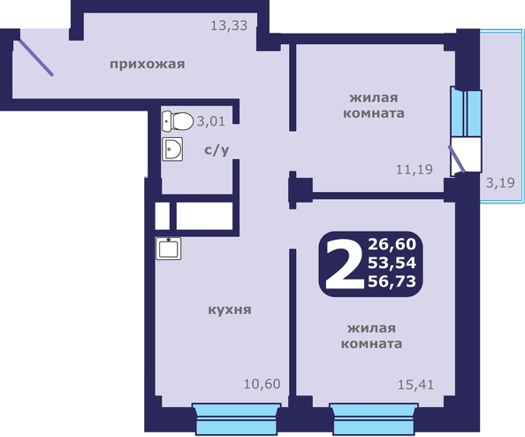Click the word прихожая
coord(148,64)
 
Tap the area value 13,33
coord(229,26)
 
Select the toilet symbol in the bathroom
coord(178,121)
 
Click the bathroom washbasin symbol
coord(172,149)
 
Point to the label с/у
coord(217,149)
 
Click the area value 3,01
coord(211,121)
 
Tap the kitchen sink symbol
coord(169,249)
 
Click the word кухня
coord(230,310)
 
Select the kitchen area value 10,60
coord(262,384)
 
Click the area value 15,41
coord(416,385)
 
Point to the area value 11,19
coord(415,170)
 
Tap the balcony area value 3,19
coord(500,183)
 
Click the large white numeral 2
coord(345,264)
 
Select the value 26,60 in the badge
coord(392,244)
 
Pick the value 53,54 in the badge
coord(392,263)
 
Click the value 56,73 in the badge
coord(392,281)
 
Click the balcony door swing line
coord(457,159)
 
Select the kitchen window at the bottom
coord(236,419)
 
